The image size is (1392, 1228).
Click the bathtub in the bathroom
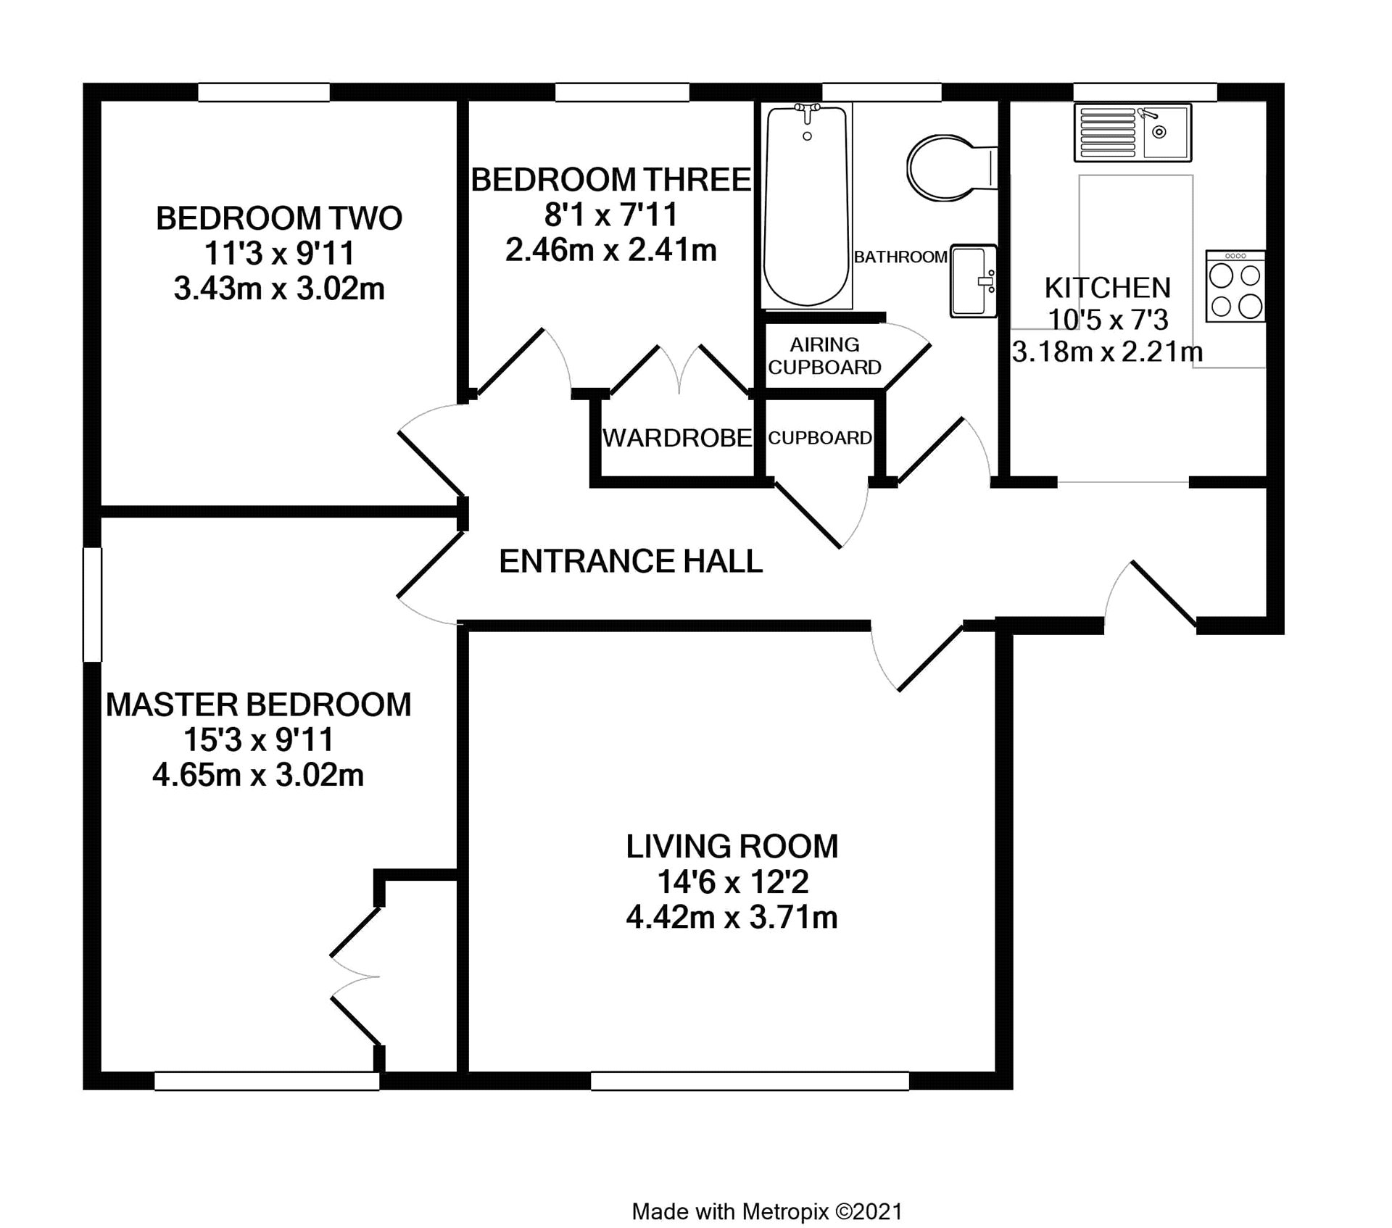(806, 207)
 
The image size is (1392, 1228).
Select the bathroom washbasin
(974, 281)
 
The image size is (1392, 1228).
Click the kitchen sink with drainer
(1132, 132)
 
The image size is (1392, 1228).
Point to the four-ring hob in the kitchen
(1235, 286)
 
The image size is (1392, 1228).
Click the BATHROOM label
(900, 257)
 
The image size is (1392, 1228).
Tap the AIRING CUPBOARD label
(825, 356)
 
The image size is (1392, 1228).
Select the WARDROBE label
(677, 438)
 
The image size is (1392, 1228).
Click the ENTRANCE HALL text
(631, 561)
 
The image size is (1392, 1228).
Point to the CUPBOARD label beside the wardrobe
(820, 438)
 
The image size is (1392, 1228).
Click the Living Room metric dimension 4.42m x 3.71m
(732, 918)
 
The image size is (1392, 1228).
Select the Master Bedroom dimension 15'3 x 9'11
(259, 740)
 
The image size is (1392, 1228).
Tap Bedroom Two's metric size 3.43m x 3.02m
(279, 289)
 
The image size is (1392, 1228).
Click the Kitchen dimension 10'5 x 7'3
(1108, 320)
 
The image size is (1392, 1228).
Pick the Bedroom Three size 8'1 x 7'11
(611, 215)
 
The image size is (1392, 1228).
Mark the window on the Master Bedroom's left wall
(92, 605)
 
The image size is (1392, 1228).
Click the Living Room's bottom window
(750, 1081)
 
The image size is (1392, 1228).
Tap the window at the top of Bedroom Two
(264, 92)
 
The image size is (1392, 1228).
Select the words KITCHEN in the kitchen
(1108, 289)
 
